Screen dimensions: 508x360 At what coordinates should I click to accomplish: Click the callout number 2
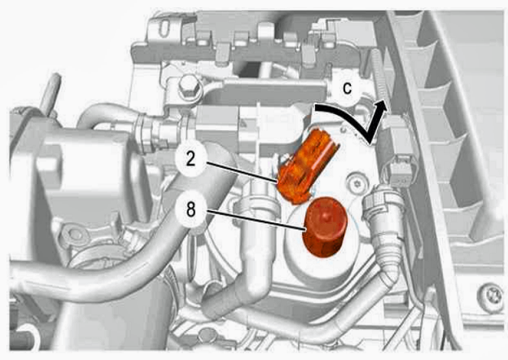coord(190,159)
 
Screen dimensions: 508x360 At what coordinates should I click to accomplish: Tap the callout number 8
coord(190,209)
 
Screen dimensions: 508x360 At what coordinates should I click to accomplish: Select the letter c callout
coord(347,88)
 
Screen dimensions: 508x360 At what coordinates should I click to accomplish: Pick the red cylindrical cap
coord(324,226)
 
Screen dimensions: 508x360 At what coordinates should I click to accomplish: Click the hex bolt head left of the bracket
coord(188,85)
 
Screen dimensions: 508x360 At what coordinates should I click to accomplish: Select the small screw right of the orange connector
coord(357,184)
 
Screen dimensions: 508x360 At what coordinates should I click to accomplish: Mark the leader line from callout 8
coord(256,221)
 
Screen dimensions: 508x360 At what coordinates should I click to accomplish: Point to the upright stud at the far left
coord(50,94)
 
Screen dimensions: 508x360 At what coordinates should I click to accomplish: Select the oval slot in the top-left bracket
coord(164,28)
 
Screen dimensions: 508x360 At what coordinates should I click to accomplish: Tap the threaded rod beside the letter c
coord(380,75)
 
